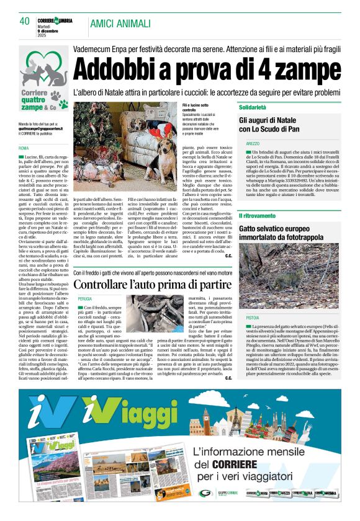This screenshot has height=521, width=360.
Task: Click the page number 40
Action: point(25,22)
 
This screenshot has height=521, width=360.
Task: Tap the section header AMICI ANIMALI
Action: point(120,24)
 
